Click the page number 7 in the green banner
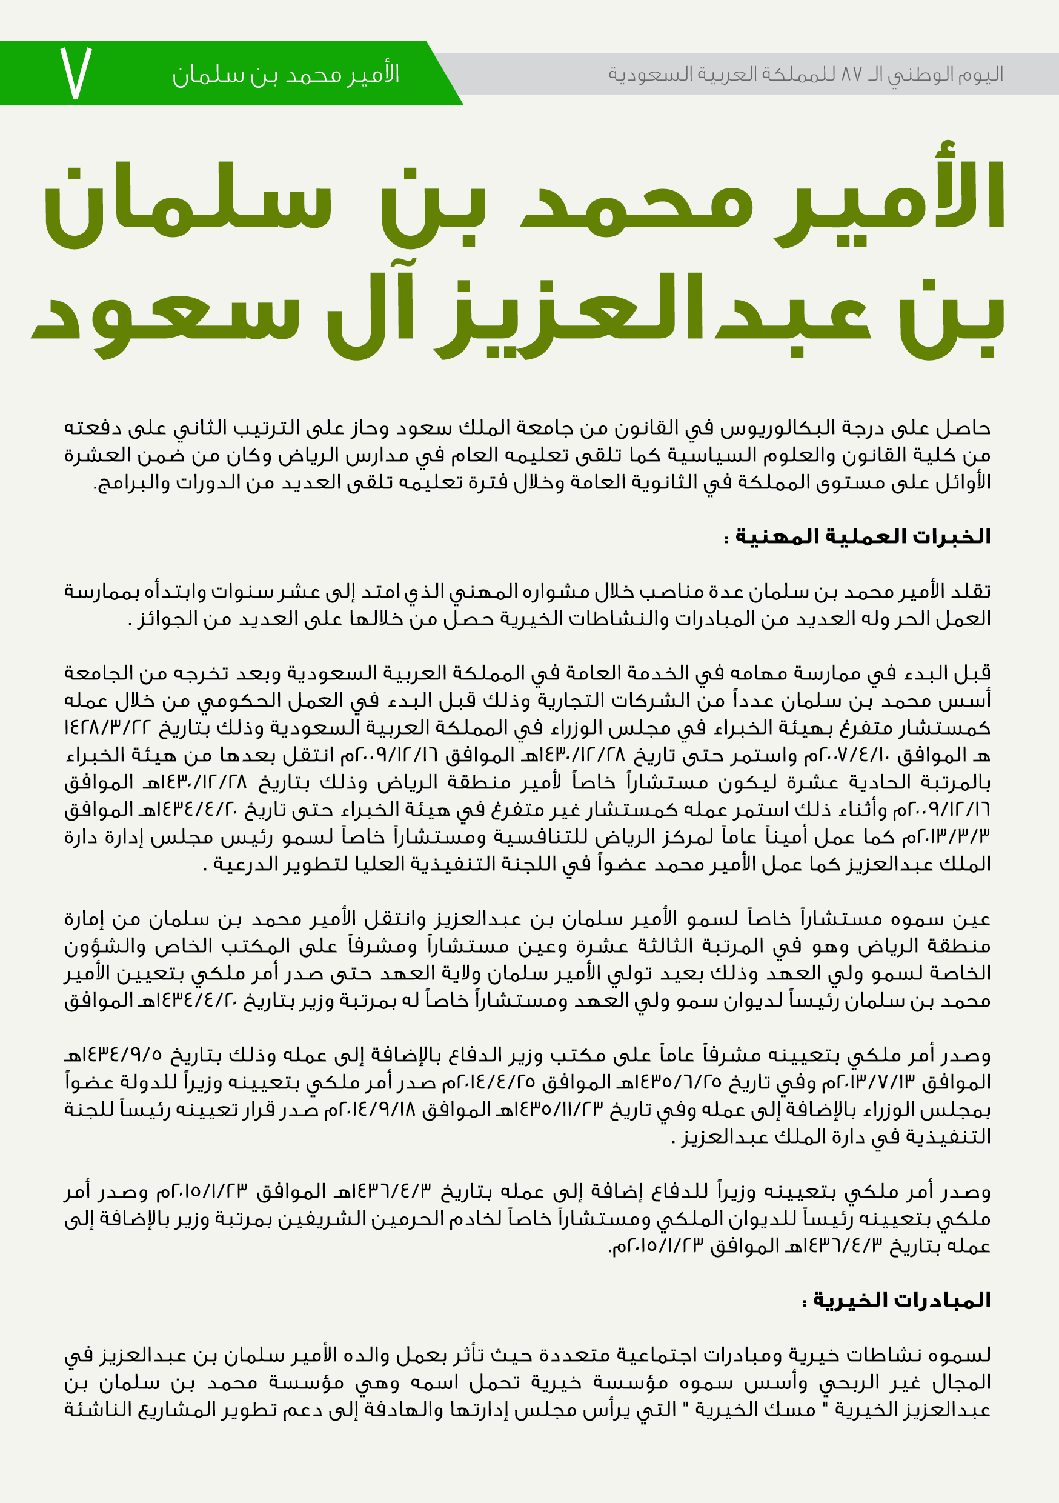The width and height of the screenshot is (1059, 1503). (76, 73)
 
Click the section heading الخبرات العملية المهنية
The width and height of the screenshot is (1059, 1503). (857, 537)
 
